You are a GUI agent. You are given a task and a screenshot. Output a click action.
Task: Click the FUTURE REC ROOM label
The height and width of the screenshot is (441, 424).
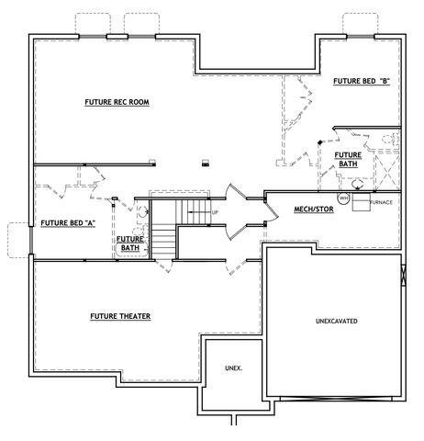pos(117,102)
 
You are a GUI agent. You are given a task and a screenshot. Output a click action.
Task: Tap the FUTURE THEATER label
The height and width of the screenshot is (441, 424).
pos(120,316)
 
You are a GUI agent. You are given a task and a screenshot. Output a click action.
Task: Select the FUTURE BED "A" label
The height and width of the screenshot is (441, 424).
pos(68,223)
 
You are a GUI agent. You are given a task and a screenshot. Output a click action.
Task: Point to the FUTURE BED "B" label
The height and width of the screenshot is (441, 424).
pos(362,81)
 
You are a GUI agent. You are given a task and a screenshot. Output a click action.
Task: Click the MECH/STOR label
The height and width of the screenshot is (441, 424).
pos(314,209)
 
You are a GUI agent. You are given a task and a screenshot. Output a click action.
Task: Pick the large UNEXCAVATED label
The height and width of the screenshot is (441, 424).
pos(336,322)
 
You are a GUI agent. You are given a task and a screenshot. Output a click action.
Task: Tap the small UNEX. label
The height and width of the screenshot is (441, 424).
pos(234,368)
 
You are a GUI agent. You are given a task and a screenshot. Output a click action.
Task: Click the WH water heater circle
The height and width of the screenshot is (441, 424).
pos(343,198)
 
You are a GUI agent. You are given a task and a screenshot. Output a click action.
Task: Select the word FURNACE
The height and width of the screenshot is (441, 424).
pos(381,202)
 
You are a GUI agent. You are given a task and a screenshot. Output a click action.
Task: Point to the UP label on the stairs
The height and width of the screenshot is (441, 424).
pos(215,212)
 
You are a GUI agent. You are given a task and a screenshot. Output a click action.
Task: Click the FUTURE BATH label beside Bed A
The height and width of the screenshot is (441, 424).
pos(130,243)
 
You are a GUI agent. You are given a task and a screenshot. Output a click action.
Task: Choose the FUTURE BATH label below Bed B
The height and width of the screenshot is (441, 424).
pos(348,160)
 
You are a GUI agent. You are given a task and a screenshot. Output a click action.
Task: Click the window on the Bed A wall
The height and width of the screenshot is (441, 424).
pos(31,241)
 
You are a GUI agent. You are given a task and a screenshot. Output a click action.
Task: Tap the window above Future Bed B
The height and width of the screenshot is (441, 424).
pos(361,37)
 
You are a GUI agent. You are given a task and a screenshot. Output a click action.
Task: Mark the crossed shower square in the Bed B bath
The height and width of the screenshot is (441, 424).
pos(387,173)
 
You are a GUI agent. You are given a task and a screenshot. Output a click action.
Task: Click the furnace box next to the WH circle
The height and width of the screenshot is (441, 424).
pos(362,202)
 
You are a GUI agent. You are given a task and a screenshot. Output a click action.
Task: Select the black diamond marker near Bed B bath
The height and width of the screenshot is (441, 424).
pos(320,142)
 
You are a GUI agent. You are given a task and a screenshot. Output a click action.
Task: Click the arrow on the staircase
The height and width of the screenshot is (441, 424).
pos(198,212)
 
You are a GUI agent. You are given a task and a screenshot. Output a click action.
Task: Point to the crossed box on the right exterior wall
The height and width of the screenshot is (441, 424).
pos(404,275)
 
